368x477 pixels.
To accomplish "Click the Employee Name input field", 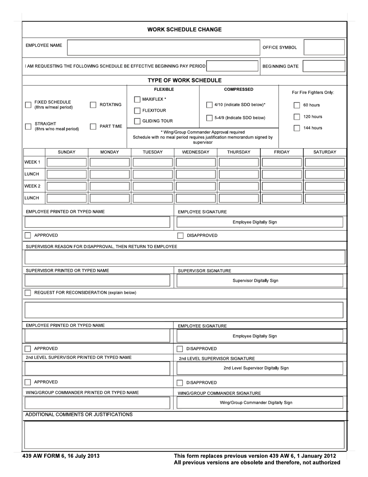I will [x=163, y=47].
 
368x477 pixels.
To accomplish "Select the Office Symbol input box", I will [x=324, y=47].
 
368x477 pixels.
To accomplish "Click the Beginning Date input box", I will [x=324, y=66].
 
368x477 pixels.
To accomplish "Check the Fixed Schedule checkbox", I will [x=28, y=105].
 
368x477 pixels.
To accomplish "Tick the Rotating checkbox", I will [x=93, y=105].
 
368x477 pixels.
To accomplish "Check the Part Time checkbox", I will [x=93, y=126].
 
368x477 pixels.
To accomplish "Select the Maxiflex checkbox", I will [x=137, y=100].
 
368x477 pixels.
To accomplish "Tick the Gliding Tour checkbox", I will [x=137, y=121].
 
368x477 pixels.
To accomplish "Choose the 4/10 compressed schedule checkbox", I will [x=209, y=105].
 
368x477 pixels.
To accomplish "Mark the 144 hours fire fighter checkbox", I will [x=297, y=128].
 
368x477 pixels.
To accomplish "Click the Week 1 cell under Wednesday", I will [x=196, y=162].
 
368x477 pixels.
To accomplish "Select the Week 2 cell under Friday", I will [x=282, y=186].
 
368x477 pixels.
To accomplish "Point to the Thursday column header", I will [x=239, y=152].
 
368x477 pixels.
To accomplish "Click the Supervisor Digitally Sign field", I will [x=260, y=281].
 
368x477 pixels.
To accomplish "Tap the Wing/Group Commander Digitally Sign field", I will [x=260, y=403].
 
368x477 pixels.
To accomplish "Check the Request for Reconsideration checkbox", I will [x=28, y=293].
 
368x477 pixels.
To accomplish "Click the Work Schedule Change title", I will [x=184, y=29].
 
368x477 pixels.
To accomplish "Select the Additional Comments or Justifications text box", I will [x=184, y=435].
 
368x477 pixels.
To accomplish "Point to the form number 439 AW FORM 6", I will [x=61, y=456].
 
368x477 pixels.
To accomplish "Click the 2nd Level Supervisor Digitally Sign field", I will [x=260, y=368].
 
